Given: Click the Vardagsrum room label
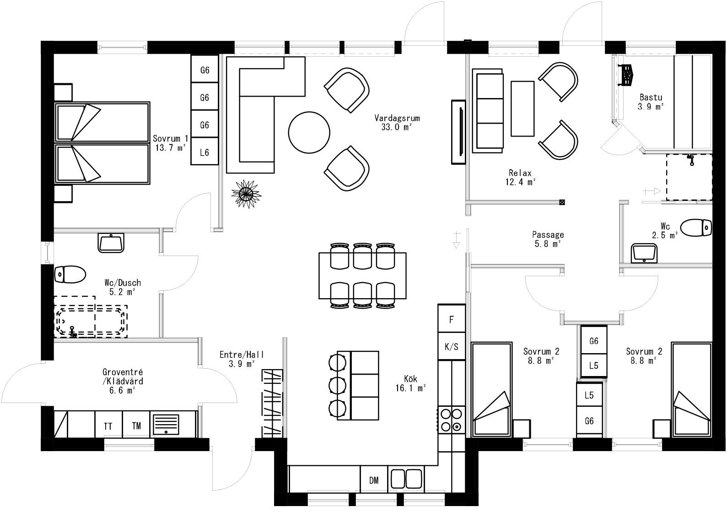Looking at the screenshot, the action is click(397, 118).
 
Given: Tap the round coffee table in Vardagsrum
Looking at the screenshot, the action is click(309, 132).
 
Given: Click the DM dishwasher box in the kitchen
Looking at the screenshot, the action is click(374, 480).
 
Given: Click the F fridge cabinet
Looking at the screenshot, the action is click(452, 319).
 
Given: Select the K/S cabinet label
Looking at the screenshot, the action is click(452, 347).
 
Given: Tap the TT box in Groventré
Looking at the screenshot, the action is click(108, 426).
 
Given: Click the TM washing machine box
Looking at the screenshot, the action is click(136, 425).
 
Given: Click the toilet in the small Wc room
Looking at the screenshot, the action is click(696, 227).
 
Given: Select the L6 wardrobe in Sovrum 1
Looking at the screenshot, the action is click(205, 153).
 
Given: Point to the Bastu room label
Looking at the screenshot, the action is click(651, 97).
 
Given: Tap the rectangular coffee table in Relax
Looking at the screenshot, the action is click(522, 109).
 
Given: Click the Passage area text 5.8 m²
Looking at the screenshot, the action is click(548, 244).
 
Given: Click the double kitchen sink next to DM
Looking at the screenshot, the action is click(406, 479).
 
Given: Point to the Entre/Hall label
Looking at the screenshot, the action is click(242, 354).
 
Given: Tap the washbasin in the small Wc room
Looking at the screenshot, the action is click(644, 253).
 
